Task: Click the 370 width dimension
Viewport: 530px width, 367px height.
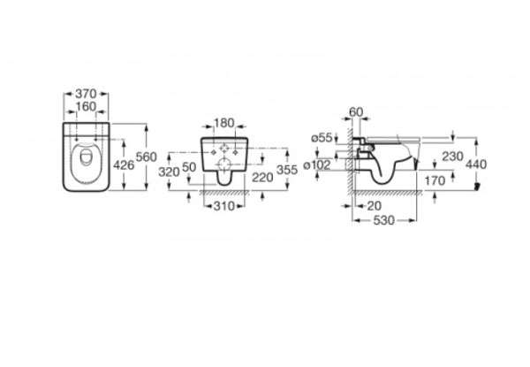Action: [86, 94]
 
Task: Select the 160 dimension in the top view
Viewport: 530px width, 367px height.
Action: [86, 106]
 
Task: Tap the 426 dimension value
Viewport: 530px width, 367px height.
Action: [124, 165]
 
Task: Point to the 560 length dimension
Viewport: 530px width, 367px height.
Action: [147, 157]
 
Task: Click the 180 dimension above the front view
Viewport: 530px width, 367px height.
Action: [224, 123]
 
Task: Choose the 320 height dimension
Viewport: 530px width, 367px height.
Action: [169, 172]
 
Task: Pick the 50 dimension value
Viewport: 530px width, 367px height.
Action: [189, 167]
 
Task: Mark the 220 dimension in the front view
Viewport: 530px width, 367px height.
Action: [262, 177]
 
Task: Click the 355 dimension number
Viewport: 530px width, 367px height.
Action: [287, 170]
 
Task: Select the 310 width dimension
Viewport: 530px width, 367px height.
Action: [223, 206]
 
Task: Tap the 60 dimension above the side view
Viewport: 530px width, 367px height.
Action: [356, 111]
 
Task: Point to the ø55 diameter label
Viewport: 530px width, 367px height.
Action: [322, 138]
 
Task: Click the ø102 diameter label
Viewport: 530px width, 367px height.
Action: [317, 165]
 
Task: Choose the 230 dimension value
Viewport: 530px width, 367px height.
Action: [452, 157]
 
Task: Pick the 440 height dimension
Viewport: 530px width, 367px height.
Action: [476, 164]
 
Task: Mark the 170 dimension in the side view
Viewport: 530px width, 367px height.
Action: [435, 181]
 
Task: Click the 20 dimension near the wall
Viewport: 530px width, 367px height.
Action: [375, 206]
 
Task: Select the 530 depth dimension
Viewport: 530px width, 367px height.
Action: [384, 220]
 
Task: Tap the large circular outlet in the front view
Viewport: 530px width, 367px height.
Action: [223, 164]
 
